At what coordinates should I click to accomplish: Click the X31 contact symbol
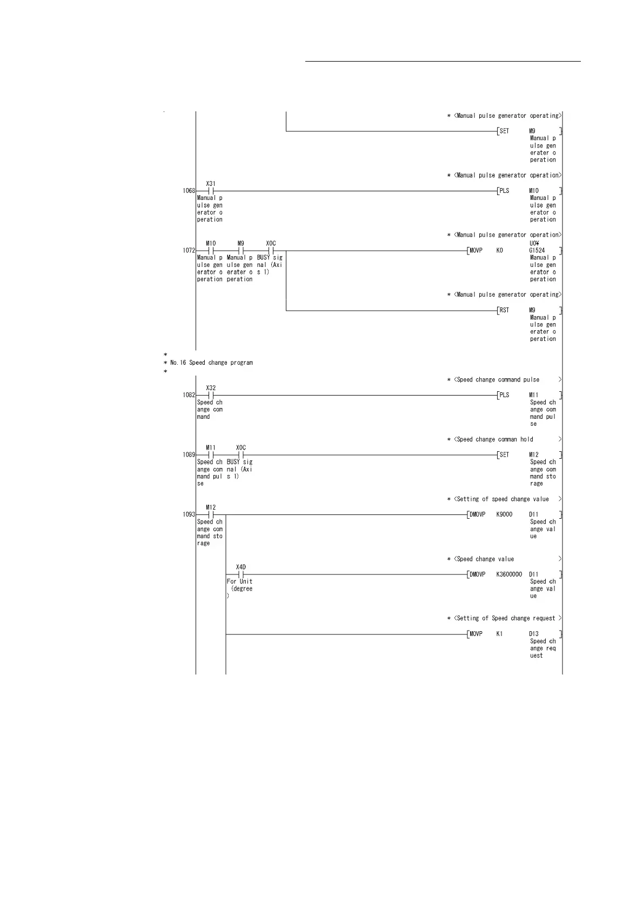coord(211,191)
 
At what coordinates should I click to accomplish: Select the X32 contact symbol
coord(211,395)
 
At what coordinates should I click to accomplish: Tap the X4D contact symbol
coord(241,574)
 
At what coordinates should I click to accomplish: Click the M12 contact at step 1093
coord(211,514)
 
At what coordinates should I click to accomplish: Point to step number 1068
coord(189,191)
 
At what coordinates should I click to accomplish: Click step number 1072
coord(189,251)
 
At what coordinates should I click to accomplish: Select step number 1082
coord(189,395)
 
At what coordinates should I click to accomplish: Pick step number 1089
coord(189,455)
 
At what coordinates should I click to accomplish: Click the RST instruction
coord(504,310)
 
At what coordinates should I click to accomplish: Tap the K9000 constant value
coord(504,514)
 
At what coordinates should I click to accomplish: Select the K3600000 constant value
coord(509,574)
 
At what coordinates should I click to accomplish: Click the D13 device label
coord(534,634)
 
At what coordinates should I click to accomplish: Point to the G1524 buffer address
coord(537,251)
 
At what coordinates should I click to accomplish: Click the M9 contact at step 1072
coord(241,251)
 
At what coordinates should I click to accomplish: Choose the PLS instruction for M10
coord(504,191)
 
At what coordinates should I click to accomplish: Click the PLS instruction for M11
coord(504,395)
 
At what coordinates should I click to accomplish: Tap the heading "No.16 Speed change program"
coord(211,363)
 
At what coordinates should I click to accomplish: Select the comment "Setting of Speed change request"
coord(504,618)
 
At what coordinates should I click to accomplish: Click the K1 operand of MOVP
coord(499,634)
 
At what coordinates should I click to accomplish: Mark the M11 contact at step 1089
coord(211,455)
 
